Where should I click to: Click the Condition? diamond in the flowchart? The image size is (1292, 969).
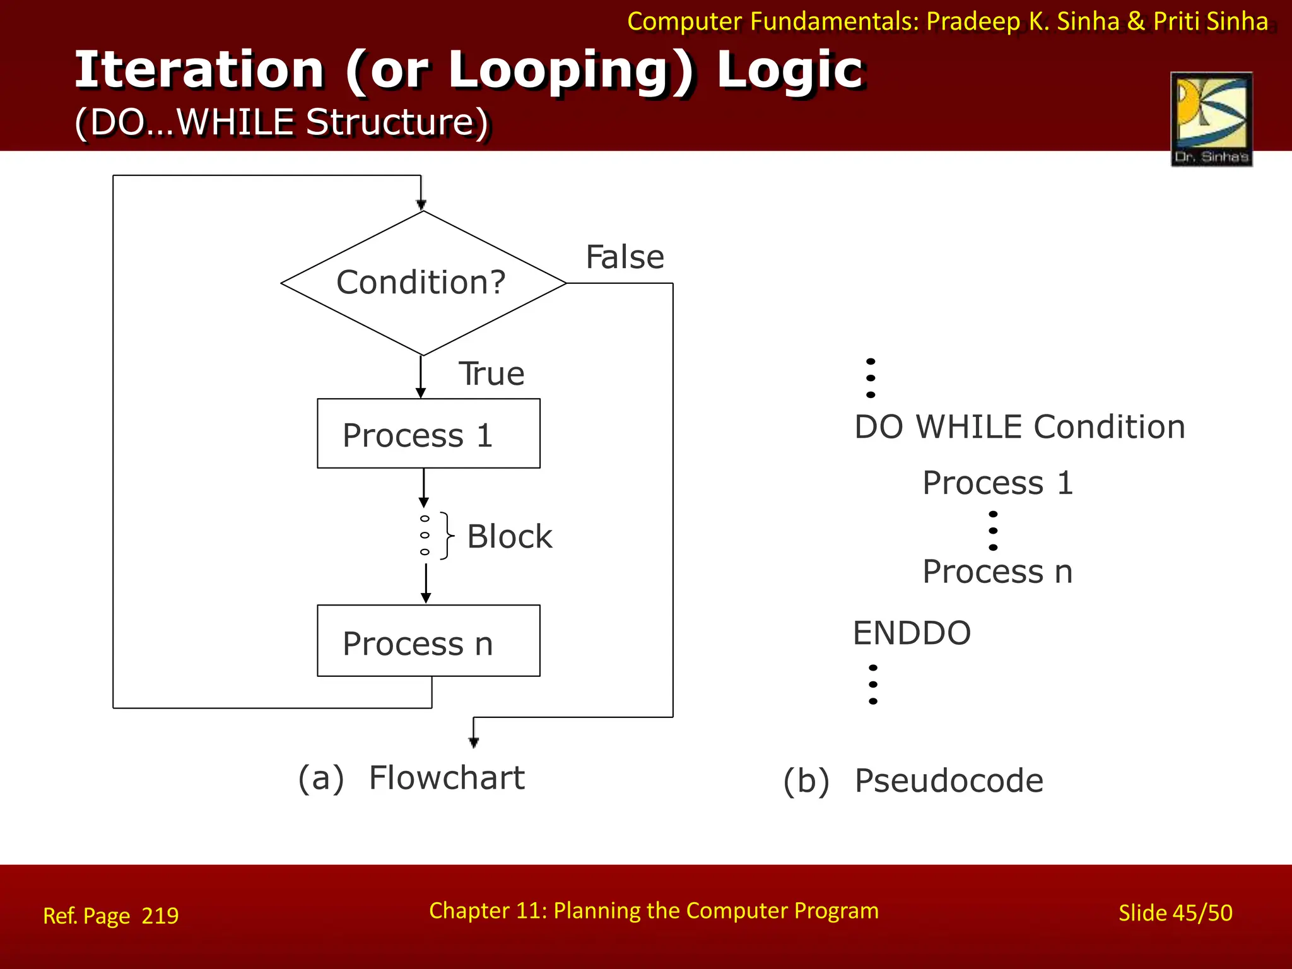tap(423, 283)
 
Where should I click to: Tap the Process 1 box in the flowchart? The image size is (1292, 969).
tap(428, 434)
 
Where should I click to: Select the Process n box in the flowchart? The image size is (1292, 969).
tap(428, 641)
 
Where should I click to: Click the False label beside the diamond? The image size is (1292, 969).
tap(625, 257)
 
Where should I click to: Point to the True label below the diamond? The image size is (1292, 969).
tap(491, 373)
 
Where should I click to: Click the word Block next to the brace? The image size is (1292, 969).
tap(509, 537)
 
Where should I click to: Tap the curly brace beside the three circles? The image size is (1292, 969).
tap(447, 536)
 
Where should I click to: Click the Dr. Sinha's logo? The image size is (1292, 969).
tap(1211, 119)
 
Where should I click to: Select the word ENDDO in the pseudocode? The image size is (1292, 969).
tap(912, 633)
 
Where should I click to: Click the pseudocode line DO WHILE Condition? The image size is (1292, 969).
tap(1019, 427)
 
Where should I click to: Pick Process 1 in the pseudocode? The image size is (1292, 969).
tap(997, 483)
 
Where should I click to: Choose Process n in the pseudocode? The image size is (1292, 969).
tap(997, 572)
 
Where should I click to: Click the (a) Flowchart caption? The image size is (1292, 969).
tap(411, 778)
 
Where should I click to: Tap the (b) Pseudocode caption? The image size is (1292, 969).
tap(913, 781)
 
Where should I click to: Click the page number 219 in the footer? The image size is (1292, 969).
tap(160, 915)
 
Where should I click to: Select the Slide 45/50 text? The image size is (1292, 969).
tap(1175, 913)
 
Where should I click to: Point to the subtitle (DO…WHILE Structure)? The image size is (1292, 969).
tap(281, 122)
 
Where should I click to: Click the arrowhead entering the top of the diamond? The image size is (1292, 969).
tap(421, 204)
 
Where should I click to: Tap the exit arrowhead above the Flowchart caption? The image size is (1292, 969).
tap(474, 742)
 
